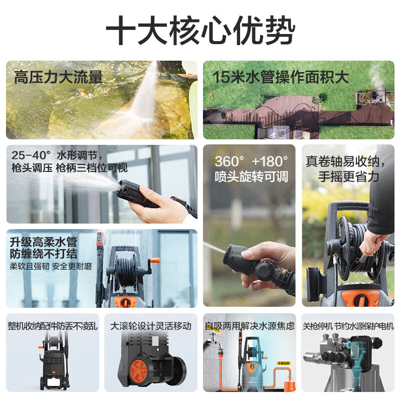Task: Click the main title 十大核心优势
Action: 200,30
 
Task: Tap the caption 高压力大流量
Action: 59,77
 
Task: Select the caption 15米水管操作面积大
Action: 281,77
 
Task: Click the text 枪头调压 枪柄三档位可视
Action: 70,168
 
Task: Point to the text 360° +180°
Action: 252,161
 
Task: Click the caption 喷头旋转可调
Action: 252,177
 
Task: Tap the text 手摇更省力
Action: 348,177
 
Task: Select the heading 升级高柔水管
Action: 44,242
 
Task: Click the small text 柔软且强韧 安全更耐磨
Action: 51,267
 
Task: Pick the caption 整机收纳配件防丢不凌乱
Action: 53,326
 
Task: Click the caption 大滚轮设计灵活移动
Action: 151,326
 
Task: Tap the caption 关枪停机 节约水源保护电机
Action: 348,326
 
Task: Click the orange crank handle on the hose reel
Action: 155,261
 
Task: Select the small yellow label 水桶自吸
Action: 284,363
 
